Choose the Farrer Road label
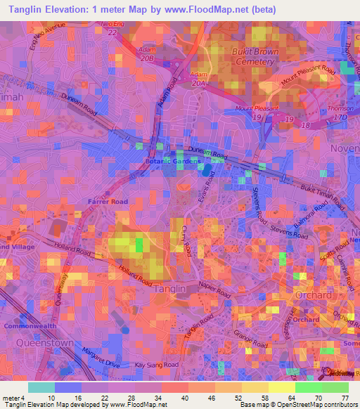click(x=108, y=202)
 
